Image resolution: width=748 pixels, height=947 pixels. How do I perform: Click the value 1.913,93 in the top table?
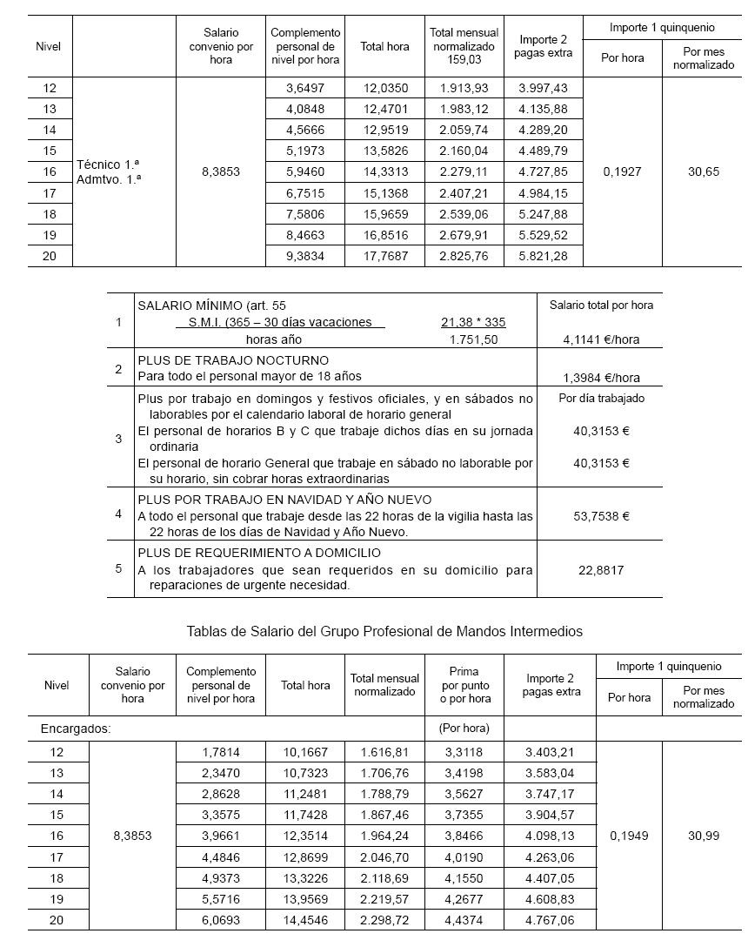(464, 89)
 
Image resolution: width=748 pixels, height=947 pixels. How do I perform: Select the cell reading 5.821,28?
(543, 256)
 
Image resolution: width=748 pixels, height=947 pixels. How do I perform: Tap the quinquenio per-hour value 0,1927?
(622, 172)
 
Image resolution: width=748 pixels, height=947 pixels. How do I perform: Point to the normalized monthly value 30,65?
(703, 172)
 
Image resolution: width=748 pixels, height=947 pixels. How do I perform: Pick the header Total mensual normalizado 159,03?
(463, 46)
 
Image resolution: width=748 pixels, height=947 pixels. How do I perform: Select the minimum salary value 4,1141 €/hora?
(600, 339)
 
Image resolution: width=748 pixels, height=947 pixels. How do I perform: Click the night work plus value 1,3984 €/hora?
(601, 378)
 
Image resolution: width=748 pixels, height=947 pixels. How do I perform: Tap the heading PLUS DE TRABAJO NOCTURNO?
(233, 360)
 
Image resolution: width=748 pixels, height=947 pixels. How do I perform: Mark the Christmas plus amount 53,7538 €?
(601, 516)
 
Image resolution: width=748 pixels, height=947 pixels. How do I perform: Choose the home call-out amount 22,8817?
(601, 570)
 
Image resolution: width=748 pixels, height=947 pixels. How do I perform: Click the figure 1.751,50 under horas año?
(474, 339)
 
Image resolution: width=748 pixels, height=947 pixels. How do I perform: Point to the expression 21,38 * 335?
(473, 322)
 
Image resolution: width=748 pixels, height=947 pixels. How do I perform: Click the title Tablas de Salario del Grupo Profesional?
(384, 631)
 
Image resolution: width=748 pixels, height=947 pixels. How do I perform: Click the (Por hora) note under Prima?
(464, 729)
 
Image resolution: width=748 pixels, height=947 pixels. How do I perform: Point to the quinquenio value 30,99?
(703, 836)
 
